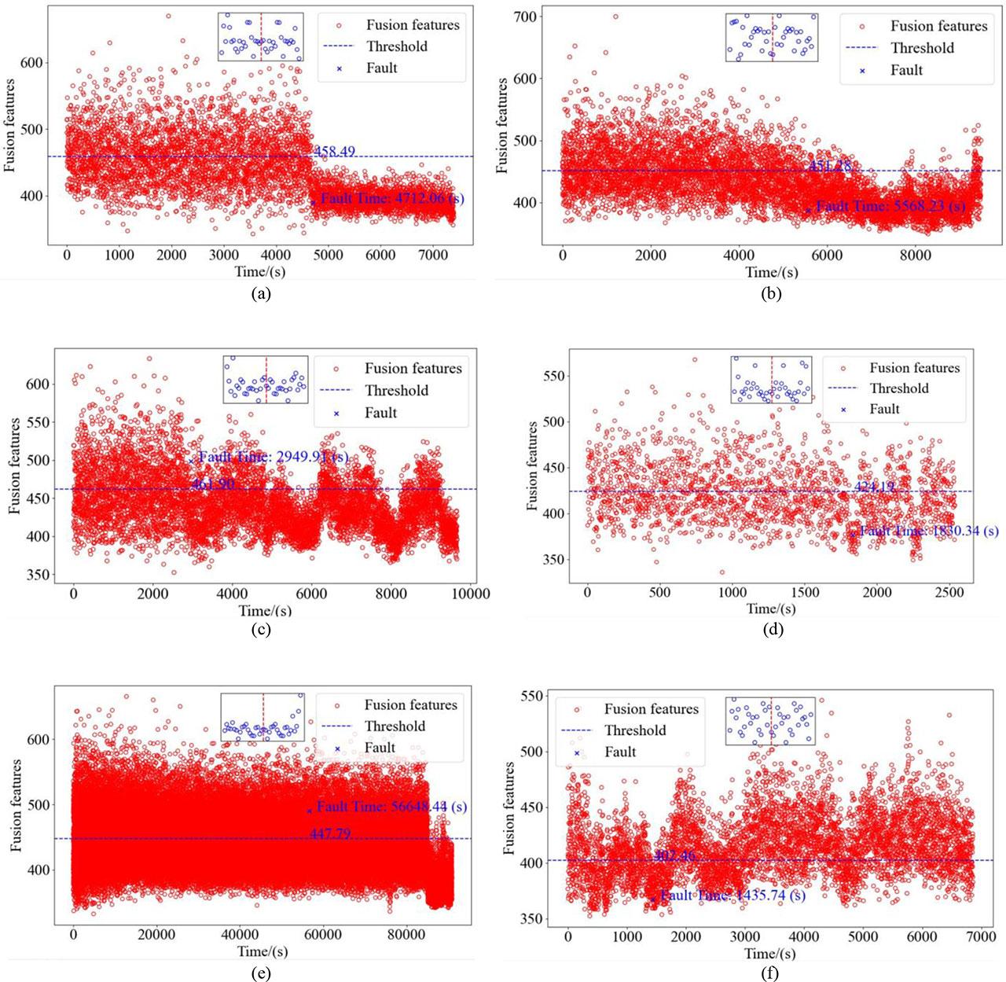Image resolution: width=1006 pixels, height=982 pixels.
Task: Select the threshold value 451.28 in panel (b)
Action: (830, 166)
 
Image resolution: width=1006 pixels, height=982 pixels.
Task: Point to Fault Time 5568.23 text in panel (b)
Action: (890, 207)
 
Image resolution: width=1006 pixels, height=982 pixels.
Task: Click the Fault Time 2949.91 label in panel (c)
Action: (273, 458)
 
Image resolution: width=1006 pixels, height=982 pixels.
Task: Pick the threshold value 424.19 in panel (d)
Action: (874, 487)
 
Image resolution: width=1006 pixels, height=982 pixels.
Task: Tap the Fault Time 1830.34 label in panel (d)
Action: (928, 531)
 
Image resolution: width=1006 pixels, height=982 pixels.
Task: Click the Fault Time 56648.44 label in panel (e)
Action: (391, 807)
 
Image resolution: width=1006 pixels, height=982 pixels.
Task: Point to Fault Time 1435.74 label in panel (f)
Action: (732, 896)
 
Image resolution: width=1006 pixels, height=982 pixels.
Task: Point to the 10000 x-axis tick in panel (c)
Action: (470, 594)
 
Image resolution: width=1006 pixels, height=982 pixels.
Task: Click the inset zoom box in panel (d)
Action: (772, 381)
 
